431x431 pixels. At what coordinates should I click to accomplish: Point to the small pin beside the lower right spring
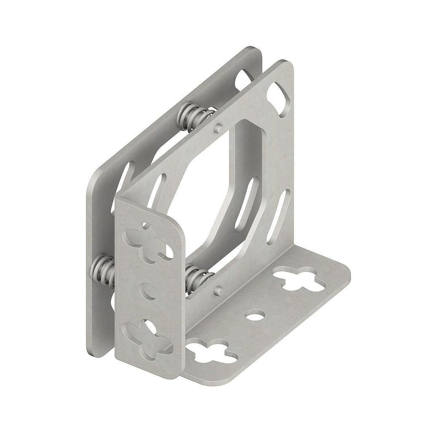pos(219,290)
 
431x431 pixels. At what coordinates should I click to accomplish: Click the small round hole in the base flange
pos(255,314)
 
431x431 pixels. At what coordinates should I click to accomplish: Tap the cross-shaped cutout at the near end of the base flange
pos(210,353)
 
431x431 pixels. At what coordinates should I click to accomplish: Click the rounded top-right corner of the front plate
pos(289,66)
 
